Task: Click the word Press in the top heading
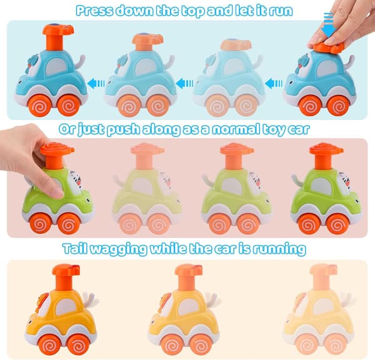(x=94, y=11)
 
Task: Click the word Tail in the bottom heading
(x=76, y=249)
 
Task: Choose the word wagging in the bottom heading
(x=119, y=249)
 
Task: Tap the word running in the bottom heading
(x=279, y=249)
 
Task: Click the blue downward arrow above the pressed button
(x=329, y=24)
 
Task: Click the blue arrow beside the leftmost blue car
(x=96, y=84)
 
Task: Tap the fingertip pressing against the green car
(x=57, y=192)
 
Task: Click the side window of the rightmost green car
(x=322, y=186)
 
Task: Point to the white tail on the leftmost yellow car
(x=91, y=298)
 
